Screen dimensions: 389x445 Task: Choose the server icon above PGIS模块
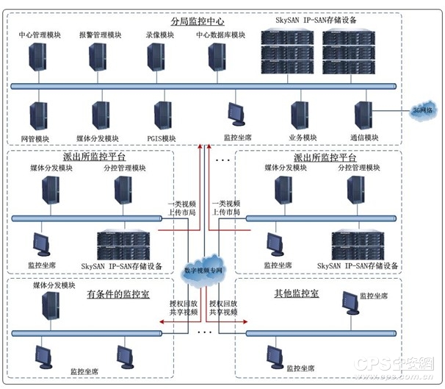[163, 115]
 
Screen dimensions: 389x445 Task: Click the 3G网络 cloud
[422, 110]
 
